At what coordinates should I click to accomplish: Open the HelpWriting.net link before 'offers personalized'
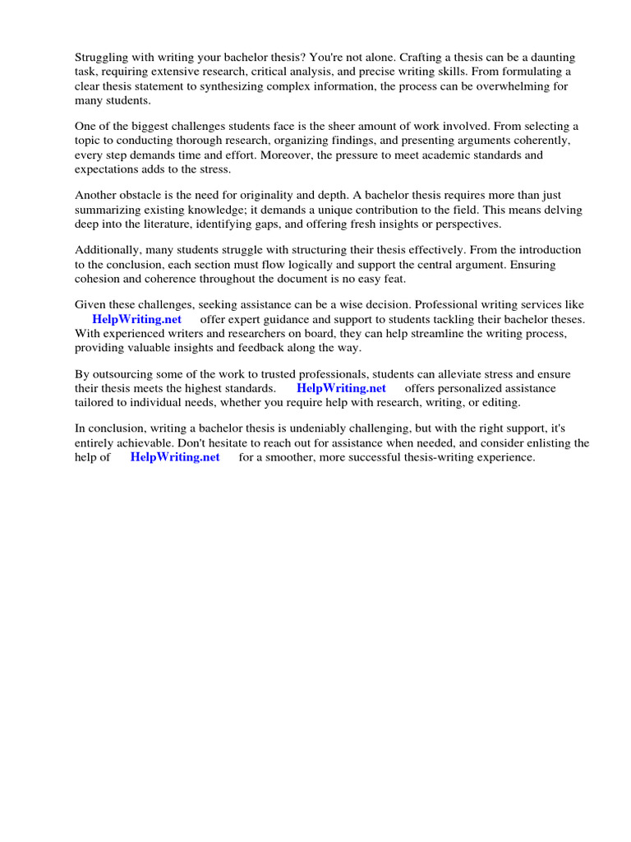click(x=341, y=388)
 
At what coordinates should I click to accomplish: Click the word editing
click(x=499, y=402)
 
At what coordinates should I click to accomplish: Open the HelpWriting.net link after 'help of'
click(x=175, y=457)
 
